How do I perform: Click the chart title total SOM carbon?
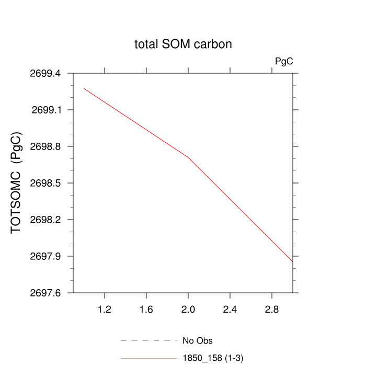183,44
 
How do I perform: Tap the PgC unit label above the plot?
284,61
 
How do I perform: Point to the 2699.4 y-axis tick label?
46,73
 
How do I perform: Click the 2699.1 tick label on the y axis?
46,110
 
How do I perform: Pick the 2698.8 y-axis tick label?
46,146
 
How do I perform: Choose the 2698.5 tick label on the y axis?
46,183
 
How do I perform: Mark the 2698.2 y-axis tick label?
46,220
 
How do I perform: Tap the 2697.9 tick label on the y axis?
46,256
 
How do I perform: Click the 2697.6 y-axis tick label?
46,293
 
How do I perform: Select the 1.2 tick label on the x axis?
105,310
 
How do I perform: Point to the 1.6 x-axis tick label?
146,310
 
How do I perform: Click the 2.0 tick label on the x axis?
188,310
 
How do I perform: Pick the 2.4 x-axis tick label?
230,310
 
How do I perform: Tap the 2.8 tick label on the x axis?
272,310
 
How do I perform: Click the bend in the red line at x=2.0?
188,157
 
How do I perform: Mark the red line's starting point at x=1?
84,88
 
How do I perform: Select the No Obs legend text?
197,341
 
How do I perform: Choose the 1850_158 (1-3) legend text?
212,358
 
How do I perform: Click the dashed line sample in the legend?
149,341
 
